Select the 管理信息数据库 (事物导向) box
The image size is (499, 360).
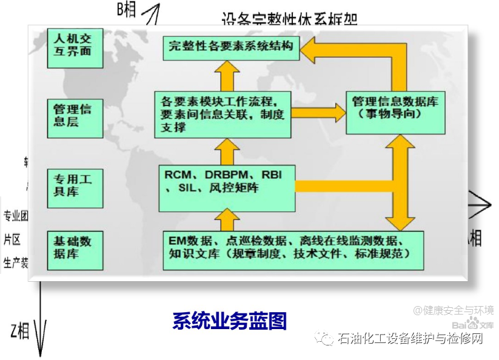click(395, 108)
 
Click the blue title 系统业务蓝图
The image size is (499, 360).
click(230, 321)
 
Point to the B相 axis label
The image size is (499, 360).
click(127, 9)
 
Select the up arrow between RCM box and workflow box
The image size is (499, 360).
click(227, 150)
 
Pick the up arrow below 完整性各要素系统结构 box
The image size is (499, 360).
click(227, 76)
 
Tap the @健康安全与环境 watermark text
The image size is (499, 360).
click(454, 310)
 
